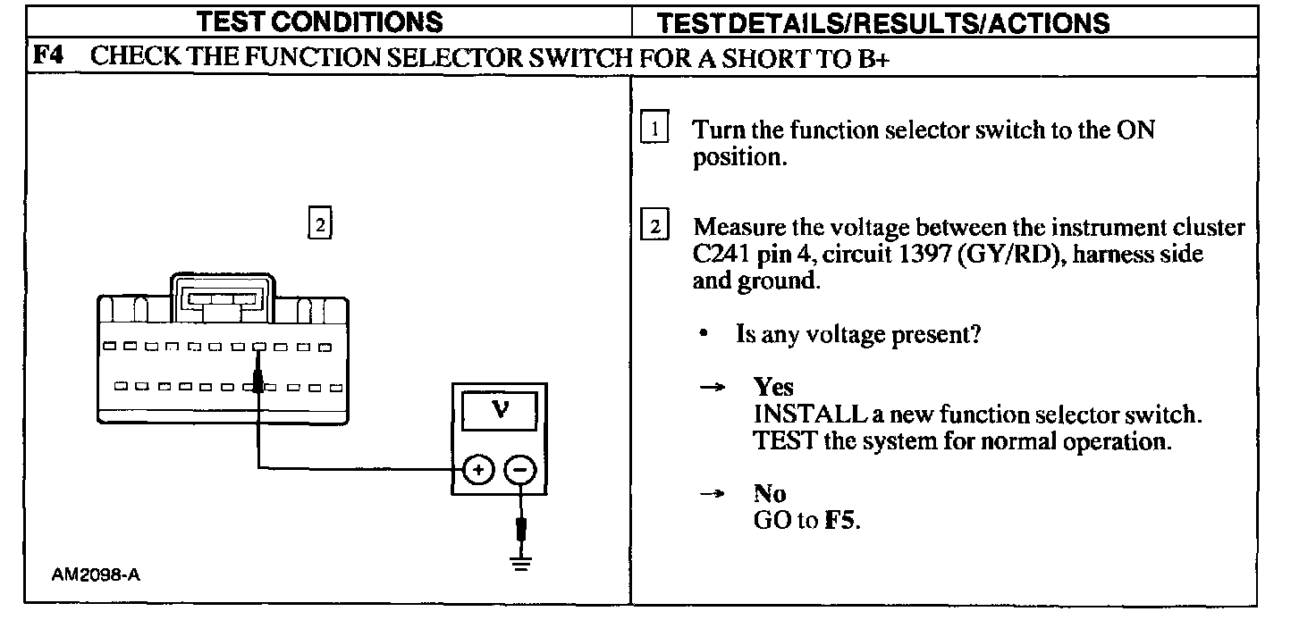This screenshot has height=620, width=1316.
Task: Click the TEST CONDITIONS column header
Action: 319,21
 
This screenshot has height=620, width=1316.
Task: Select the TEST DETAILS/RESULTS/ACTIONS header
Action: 883,22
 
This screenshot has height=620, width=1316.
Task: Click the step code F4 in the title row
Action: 48,58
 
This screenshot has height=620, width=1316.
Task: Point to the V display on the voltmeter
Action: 500,410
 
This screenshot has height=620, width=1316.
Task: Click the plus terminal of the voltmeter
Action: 478,470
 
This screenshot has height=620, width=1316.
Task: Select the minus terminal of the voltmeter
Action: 521,470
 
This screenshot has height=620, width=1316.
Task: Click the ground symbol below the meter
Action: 521,562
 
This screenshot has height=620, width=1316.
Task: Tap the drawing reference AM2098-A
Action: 96,575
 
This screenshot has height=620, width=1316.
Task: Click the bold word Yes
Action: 773,388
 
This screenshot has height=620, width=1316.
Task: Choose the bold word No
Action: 770,494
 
